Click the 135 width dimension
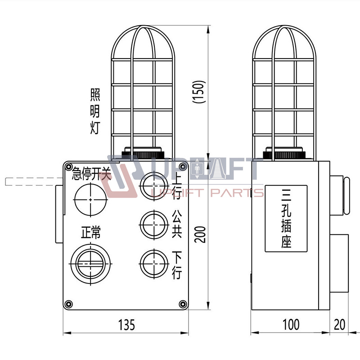point(126,324)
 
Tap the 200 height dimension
point(199,234)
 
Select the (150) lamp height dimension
point(198,92)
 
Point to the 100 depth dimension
point(291,324)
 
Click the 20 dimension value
point(340,324)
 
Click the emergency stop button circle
point(90,200)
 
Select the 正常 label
point(91,232)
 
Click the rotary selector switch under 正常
point(90,264)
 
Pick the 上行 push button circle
point(154,185)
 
